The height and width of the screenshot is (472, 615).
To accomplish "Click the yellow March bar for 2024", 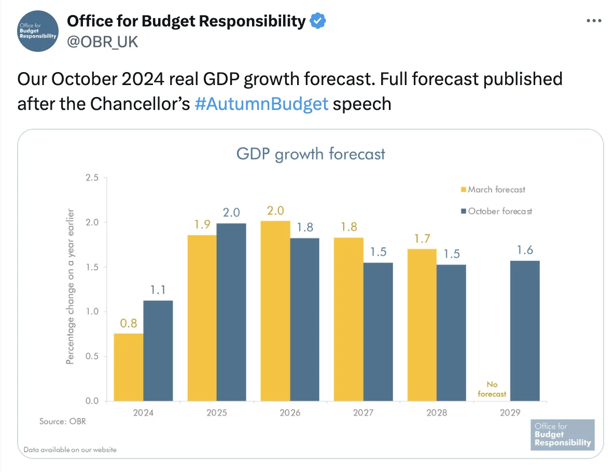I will [x=129, y=367].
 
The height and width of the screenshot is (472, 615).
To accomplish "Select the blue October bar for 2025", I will [x=231, y=312].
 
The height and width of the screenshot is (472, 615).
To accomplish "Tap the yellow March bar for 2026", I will [x=275, y=311].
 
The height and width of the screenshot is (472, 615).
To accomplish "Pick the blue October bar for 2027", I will [x=378, y=332].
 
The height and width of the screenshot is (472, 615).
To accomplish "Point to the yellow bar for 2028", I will [x=422, y=325].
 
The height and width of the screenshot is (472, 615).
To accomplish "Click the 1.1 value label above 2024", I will [x=158, y=290].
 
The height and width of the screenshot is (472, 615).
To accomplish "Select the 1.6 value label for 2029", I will [x=525, y=251].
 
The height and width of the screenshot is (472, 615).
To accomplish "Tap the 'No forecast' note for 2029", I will [x=492, y=389].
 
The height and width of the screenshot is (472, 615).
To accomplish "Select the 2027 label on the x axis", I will [x=363, y=413].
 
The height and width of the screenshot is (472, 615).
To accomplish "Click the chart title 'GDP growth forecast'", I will [x=311, y=154].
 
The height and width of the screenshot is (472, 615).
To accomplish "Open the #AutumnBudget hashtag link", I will [x=261, y=104].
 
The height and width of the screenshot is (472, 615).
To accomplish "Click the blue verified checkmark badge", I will [x=318, y=21].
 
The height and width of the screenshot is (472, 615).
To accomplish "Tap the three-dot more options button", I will [x=594, y=21].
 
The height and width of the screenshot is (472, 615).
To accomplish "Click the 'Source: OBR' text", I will [x=63, y=421].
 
